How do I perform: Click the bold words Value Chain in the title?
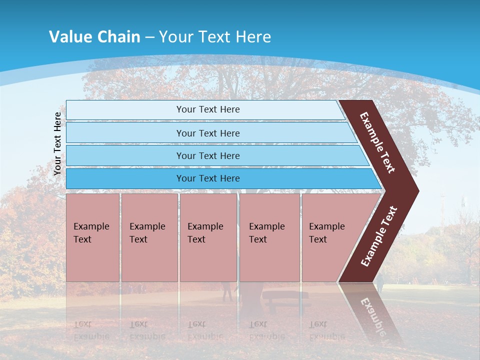pos(94,37)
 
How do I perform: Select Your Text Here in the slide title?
pos(215,37)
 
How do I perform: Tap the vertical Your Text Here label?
pos(57,143)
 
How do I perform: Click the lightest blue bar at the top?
pos(205,110)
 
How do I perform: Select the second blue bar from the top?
pos(210,133)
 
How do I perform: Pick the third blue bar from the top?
pos(215,155)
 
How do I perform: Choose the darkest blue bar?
pos(220,178)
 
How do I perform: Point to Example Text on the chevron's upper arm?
pos(377,142)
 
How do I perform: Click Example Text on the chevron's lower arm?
pos(378,236)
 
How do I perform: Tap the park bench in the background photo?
pos(285,297)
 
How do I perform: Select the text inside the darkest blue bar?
pos(208,178)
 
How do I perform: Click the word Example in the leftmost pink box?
pos(91,226)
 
